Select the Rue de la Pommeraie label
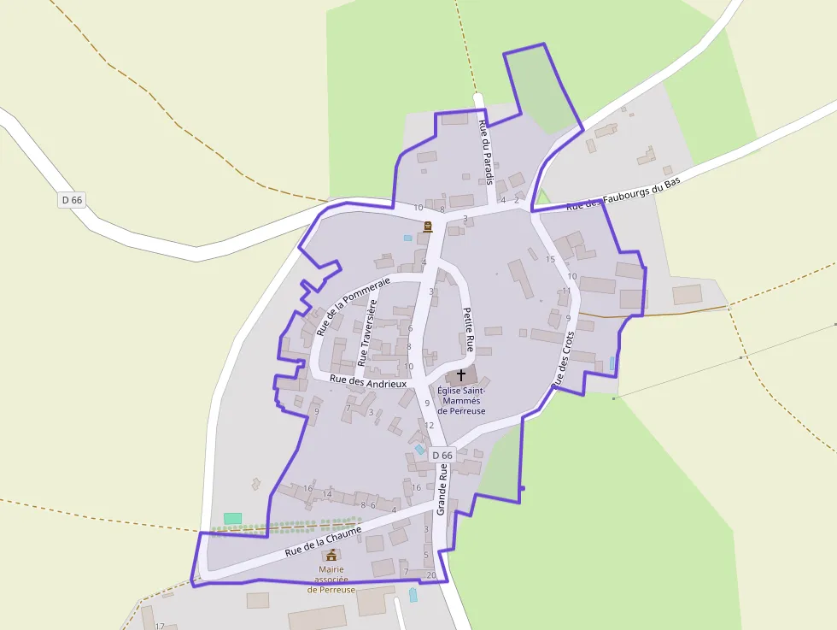click(353, 305)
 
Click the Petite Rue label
click(468, 330)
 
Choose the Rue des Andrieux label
click(368, 383)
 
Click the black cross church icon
click(461, 374)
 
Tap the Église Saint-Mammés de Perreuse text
click(461, 401)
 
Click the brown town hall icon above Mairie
click(331, 555)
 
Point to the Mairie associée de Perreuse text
click(331, 580)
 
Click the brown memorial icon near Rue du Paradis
click(427, 227)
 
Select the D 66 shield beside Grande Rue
click(442, 456)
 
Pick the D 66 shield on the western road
click(72, 200)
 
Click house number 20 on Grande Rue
click(431, 575)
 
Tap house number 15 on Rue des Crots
click(550, 259)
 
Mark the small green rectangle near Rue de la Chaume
click(232, 518)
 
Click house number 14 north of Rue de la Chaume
click(327, 494)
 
